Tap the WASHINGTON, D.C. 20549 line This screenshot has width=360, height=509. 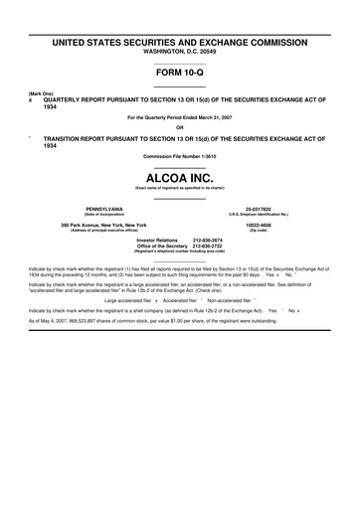180,51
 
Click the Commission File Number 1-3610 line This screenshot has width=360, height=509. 180,156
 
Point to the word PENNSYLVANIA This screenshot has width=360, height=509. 103,209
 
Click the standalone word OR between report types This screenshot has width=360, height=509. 180,126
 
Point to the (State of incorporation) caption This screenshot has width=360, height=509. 103,214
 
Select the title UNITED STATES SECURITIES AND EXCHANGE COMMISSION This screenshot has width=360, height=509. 180,43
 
